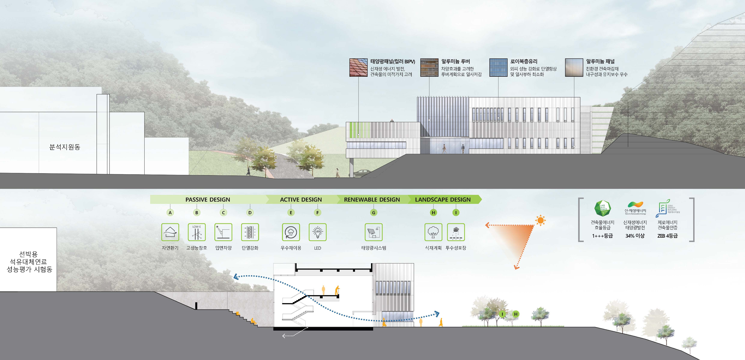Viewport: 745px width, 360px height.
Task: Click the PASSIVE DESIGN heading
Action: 208,200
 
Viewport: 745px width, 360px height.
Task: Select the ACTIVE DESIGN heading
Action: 301,200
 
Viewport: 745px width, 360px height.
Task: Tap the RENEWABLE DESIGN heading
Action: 372,200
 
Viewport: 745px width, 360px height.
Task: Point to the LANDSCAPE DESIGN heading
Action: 443,200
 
